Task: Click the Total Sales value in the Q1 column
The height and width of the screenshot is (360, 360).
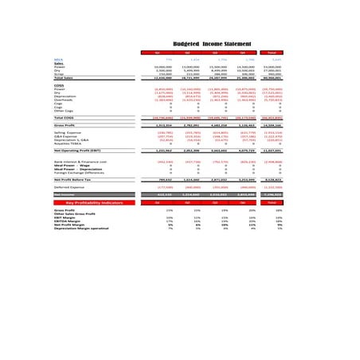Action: click(x=163, y=78)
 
